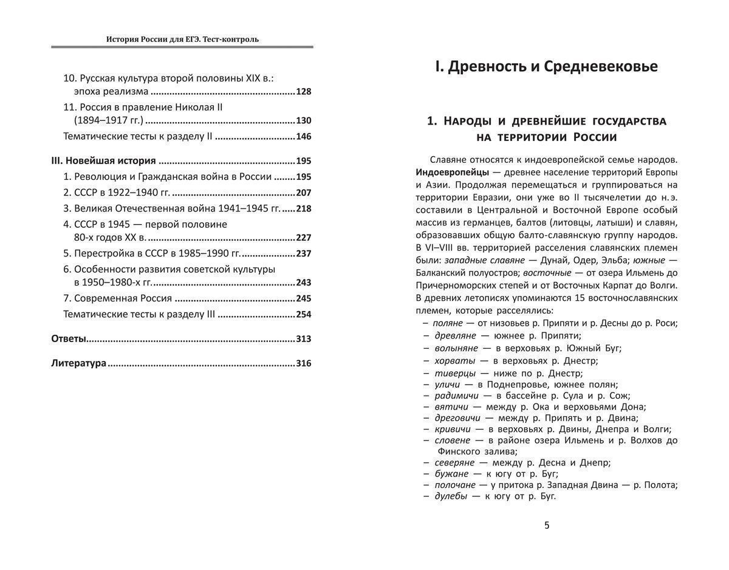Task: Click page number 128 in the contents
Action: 303,92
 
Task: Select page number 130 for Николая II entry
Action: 303,120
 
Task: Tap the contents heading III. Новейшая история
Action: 104,161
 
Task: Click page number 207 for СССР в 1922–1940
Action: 303,193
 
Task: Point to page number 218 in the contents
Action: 303,208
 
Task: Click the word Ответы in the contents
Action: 69,338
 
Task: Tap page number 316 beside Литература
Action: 303,363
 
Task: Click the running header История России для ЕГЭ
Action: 182,39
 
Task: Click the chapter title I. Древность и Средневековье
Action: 547,66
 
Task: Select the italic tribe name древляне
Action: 454,335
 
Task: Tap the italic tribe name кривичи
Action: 453,429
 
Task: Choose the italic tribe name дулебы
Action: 451,496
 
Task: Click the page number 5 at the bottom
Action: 547,526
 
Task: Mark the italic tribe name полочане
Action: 454,485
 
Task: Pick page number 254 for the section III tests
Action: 303,314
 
